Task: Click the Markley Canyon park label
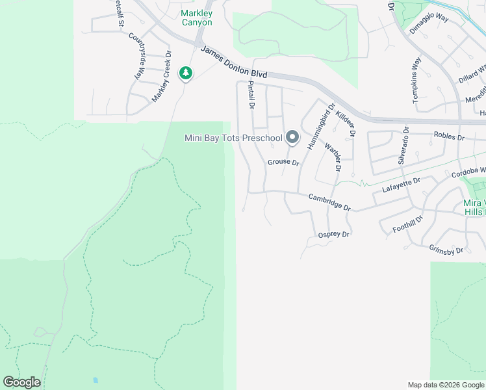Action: pos(196,18)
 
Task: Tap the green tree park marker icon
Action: pos(186,73)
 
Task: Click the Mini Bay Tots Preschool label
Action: pos(233,137)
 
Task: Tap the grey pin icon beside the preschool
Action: pos(292,136)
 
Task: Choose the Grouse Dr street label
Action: pos(283,162)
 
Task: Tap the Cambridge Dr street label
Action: pos(329,202)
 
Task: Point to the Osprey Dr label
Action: pos(334,235)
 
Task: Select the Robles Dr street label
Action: pos(449,137)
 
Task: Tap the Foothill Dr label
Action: pos(407,225)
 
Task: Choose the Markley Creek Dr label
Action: pos(161,76)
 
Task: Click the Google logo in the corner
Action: pos(21,382)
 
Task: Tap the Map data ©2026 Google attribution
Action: pos(445,385)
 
